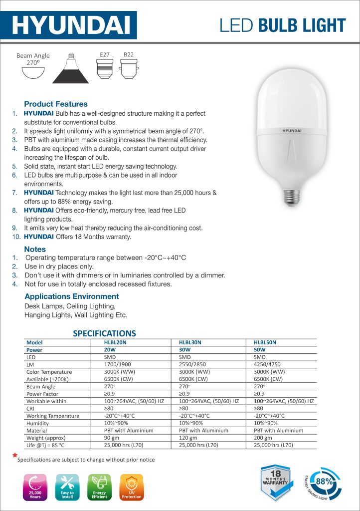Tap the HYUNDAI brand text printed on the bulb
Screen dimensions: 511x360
pyautogui.click(x=292, y=131)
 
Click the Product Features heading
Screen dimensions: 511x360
pyautogui.click(x=55, y=104)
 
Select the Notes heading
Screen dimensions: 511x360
pyautogui.click(x=35, y=249)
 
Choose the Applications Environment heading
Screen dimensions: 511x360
pyautogui.click(x=71, y=296)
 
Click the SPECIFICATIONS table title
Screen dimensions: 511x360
pyautogui.click(x=104, y=333)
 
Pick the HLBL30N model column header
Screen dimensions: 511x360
pyautogui.click(x=190, y=342)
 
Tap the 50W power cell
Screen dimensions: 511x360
pyautogui.click(x=260, y=350)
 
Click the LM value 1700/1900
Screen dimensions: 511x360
pyautogui.click(x=117, y=364)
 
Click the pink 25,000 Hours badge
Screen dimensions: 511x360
pyautogui.click(x=35, y=487)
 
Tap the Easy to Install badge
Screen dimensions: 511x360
pyautogui.click(x=67, y=487)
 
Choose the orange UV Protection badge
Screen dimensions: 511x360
pyautogui.click(x=132, y=487)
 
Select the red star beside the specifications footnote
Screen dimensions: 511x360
pyautogui.click(x=15, y=456)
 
